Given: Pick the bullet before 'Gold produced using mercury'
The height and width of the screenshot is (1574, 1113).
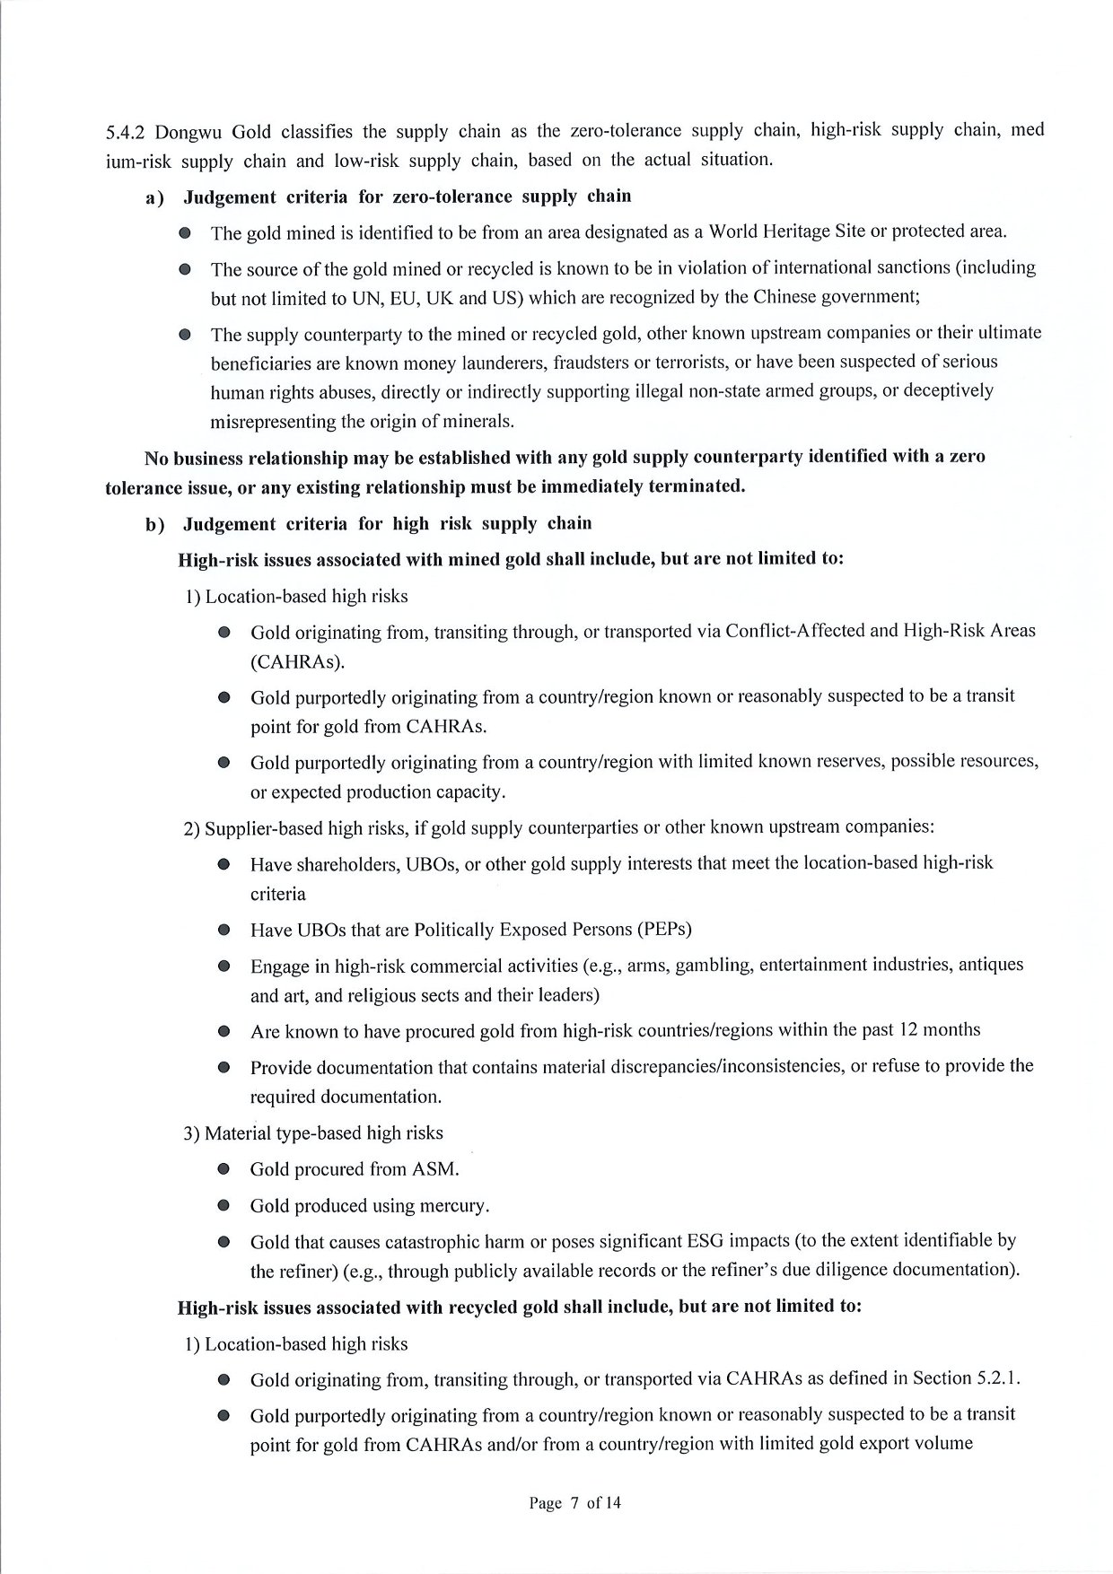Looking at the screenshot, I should [x=224, y=1207].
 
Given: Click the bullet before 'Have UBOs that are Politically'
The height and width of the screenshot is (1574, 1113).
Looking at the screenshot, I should [x=224, y=930].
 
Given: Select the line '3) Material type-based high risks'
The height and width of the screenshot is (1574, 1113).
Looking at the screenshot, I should [x=313, y=1133].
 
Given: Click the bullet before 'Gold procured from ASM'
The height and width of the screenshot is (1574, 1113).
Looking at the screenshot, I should [x=224, y=1170].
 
